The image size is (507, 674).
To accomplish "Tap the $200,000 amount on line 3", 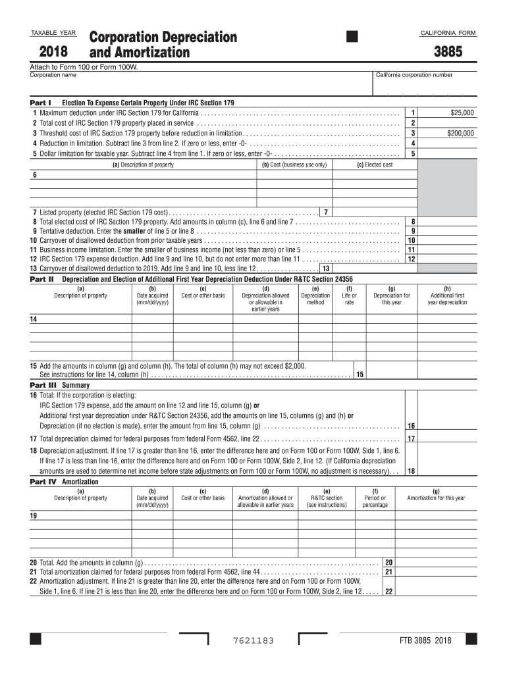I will [460, 133].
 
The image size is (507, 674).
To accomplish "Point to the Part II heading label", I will [42, 279].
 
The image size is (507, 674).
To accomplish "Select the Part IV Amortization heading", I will [64, 481].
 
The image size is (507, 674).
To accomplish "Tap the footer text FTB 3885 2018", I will [425, 641].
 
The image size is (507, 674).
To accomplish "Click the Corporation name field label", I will [53, 75].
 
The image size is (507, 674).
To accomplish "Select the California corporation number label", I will [414, 75].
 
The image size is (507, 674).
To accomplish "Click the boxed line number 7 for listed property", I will [326, 212].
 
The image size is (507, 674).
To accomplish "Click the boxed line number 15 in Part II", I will [360, 375].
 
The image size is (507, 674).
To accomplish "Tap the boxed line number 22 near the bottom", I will [389, 592].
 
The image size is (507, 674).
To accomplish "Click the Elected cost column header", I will [375, 165].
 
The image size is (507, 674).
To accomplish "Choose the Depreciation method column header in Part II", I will [315, 299].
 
